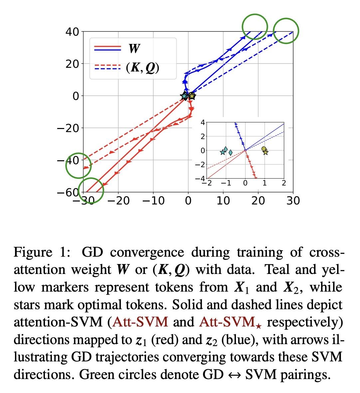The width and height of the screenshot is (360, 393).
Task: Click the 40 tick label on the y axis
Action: point(72,32)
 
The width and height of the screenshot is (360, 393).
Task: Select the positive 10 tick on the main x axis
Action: point(223,201)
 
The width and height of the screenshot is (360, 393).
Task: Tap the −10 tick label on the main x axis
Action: point(153,201)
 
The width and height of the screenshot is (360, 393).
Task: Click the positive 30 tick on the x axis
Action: point(293,201)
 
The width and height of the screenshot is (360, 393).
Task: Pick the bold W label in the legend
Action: point(134,49)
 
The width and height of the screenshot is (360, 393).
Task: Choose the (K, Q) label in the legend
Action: point(142,68)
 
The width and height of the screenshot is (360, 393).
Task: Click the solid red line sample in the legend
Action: point(107,46)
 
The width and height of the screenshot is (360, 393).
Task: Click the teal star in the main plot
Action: point(184,96)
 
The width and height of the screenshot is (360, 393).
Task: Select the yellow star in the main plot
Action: point(192,96)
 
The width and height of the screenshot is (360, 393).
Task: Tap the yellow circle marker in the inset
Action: point(264,149)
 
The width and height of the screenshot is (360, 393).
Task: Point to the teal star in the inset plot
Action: point(223,152)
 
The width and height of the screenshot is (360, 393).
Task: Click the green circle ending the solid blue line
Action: point(255,27)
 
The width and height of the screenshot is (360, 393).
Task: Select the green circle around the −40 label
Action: point(78,165)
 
